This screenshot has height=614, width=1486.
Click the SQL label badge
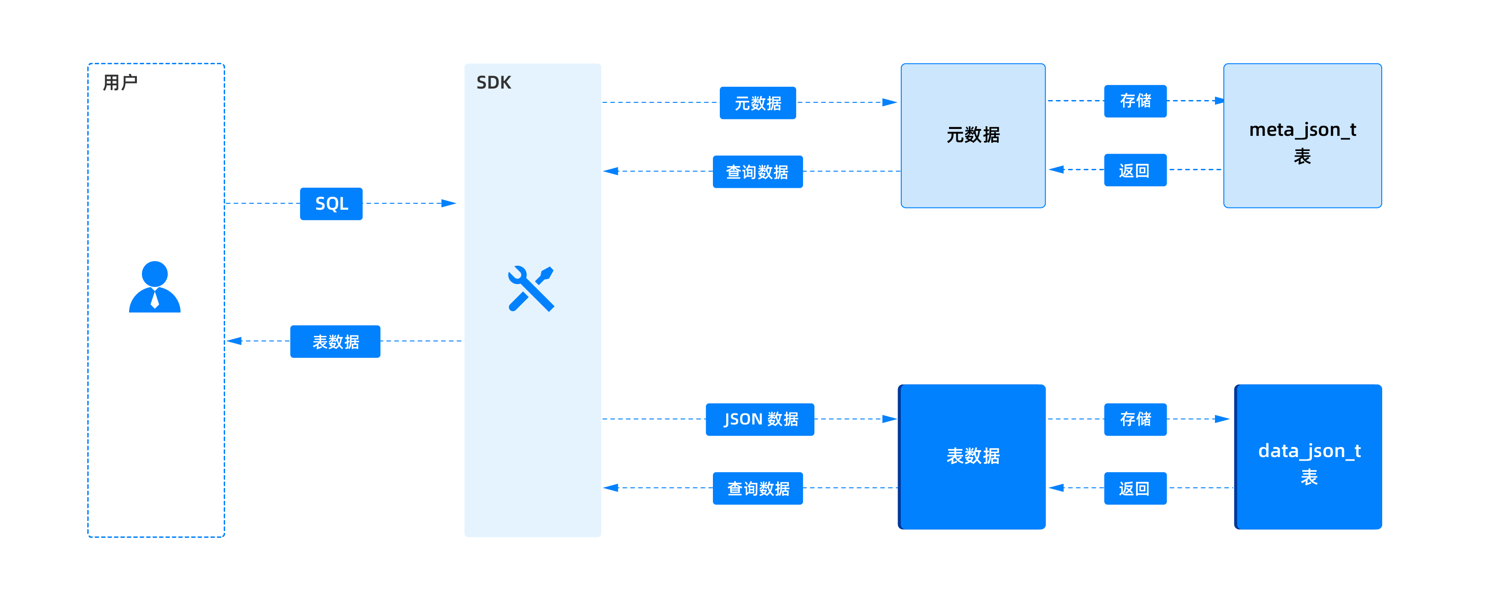pyautogui.click(x=331, y=203)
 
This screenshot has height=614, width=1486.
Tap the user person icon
pyautogui.click(x=155, y=287)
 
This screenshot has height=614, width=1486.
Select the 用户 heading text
pyautogui.click(x=120, y=83)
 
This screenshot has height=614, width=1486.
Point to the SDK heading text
pyautogui.click(x=494, y=83)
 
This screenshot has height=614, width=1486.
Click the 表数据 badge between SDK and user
pyautogui.click(x=335, y=341)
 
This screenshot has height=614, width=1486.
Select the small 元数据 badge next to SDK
pyautogui.click(x=757, y=103)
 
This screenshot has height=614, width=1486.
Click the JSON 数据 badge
pyautogui.click(x=760, y=419)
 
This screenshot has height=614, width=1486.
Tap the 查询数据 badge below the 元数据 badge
pyautogui.click(x=757, y=172)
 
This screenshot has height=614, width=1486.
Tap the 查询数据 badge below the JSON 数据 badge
pyautogui.click(x=757, y=488)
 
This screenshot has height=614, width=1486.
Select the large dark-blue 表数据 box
pyautogui.click(x=972, y=457)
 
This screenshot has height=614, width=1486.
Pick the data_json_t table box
pyautogui.click(x=1308, y=457)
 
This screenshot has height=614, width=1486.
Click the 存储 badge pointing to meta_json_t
pyautogui.click(x=1135, y=101)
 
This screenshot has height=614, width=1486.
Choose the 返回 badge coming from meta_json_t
pyautogui.click(x=1135, y=170)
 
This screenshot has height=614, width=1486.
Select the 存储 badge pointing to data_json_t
pyautogui.click(x=1135, y=419)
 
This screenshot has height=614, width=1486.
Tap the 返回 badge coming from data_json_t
pyautogui.click(x=1135, y=488)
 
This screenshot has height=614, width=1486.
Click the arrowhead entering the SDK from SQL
pyautogui.click(x=449, y=203)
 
